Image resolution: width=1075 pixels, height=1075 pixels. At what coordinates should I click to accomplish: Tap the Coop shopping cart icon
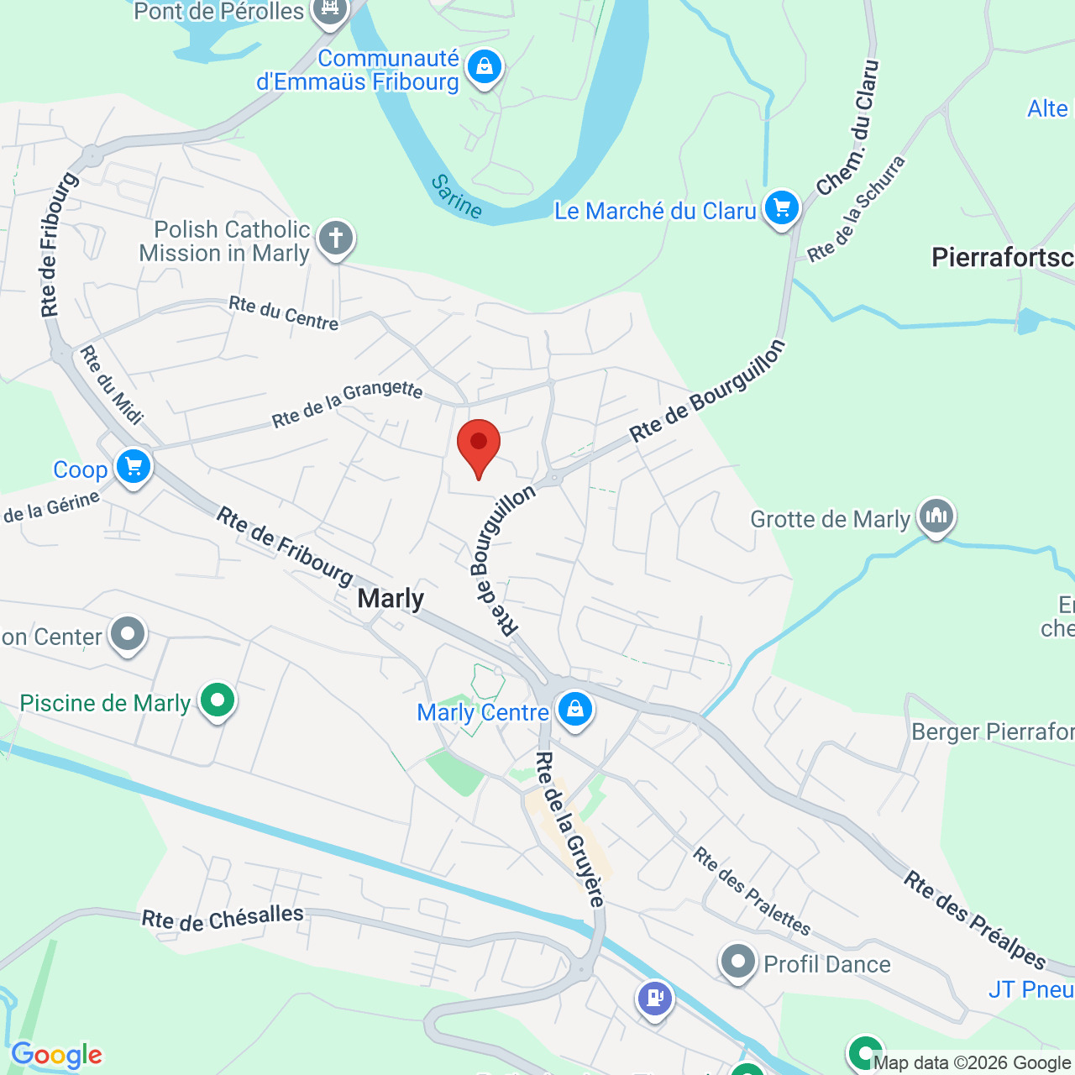(x=134, y=467)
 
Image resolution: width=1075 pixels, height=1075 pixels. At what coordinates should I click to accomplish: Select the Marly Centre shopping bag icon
(x=575, y=710)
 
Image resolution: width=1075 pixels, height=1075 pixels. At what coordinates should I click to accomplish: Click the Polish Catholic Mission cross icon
(x=336, y=239)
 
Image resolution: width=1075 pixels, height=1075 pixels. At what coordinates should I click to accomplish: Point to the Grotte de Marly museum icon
(x=936, y=517)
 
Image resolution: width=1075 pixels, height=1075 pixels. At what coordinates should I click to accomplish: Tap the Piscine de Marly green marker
(x=218, y=700)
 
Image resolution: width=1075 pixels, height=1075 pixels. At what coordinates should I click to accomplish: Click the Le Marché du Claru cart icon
(x=782, y=207)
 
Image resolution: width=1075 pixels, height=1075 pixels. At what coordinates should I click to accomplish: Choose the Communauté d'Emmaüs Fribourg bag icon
(x=485, y=66)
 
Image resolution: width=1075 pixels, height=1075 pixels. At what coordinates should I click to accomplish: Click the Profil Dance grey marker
(x=738, y=962)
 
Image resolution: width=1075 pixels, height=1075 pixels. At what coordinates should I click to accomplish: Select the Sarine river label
(x=457, y=197)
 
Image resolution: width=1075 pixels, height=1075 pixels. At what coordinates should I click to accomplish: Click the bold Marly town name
(x=391, y=598)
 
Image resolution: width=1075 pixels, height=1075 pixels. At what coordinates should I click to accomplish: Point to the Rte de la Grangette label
(x=347, y=403)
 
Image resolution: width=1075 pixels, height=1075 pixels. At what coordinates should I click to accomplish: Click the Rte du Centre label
(x=284, y=312)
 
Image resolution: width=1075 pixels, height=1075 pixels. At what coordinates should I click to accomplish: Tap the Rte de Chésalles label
(x=223, y=918)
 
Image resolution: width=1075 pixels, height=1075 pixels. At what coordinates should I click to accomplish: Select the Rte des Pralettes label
(x=752, y=891)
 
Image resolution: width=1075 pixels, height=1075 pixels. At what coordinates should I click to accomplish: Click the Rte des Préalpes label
(x=975, y=920)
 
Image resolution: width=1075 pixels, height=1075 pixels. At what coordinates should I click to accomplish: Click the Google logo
(x=56, y=1055)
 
